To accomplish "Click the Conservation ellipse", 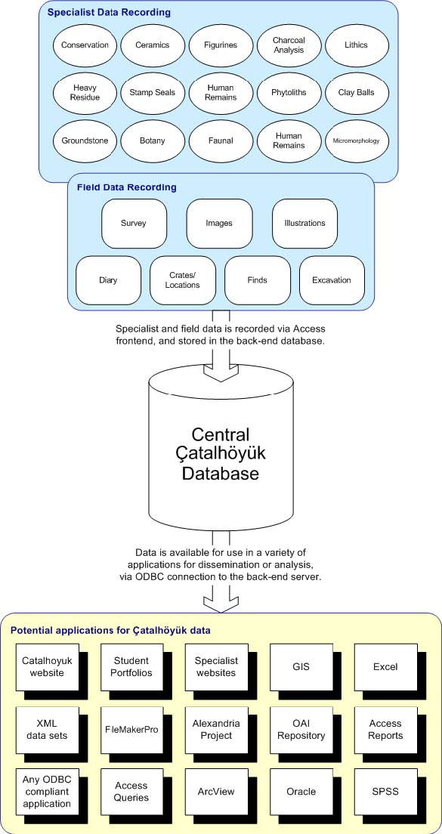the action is tap(85, 45).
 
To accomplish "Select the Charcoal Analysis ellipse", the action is tap(289, 45).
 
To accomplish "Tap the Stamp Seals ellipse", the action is tap(153, 92).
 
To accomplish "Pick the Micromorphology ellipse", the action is tap(357, 141).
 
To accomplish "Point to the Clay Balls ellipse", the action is tap(357, 92).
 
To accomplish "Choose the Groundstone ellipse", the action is tap(85, 141).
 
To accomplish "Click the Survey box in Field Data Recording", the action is tap(134, 224).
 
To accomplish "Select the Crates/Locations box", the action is tap(182, 280).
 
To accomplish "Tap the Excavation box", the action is tap(332, 280).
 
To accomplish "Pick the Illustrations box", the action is tap(304, 224).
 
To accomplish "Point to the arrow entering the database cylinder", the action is tap(221, 346).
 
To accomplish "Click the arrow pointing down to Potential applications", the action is tap(221, 596).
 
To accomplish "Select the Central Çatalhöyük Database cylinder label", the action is tap(220, 454).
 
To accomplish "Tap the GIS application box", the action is tap(301, 666).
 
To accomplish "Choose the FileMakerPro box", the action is tap(132, 729).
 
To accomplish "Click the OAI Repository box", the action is tap(301, 729).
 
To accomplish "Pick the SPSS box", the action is tap(385, 792).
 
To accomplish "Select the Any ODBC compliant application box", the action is tap(48, 792).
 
